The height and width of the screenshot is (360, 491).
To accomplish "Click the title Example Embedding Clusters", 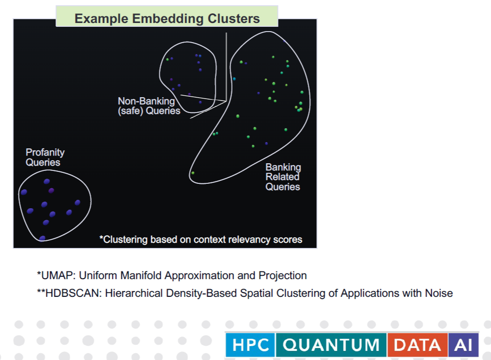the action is tap(167, 19).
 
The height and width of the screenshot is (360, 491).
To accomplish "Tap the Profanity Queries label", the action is tap(45, 157).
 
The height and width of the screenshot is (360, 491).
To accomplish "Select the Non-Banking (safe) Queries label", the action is tap(149, 106).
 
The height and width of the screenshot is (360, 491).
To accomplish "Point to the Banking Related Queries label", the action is tap(283, 177).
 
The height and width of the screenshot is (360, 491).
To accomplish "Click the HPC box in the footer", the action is tap(250, 345).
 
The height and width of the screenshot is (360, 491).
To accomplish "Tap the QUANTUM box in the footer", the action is tap(331, 345).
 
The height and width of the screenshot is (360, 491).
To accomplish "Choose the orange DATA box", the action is tap(417, 345).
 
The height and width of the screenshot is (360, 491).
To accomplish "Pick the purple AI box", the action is tap(463, 345).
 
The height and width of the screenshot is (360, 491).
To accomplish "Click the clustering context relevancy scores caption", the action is tap(201, 239).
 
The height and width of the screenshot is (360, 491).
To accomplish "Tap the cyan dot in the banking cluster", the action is tap(234, 79).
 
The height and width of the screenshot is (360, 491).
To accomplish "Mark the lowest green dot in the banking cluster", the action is tap(193, 173).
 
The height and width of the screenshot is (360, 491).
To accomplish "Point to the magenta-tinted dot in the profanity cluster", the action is tap(51, 190).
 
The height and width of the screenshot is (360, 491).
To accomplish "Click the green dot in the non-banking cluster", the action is tap(167, 59).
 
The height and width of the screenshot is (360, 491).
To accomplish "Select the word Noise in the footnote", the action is tap(439, 293).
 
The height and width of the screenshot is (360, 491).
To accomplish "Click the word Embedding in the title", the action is tap(168, 19).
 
